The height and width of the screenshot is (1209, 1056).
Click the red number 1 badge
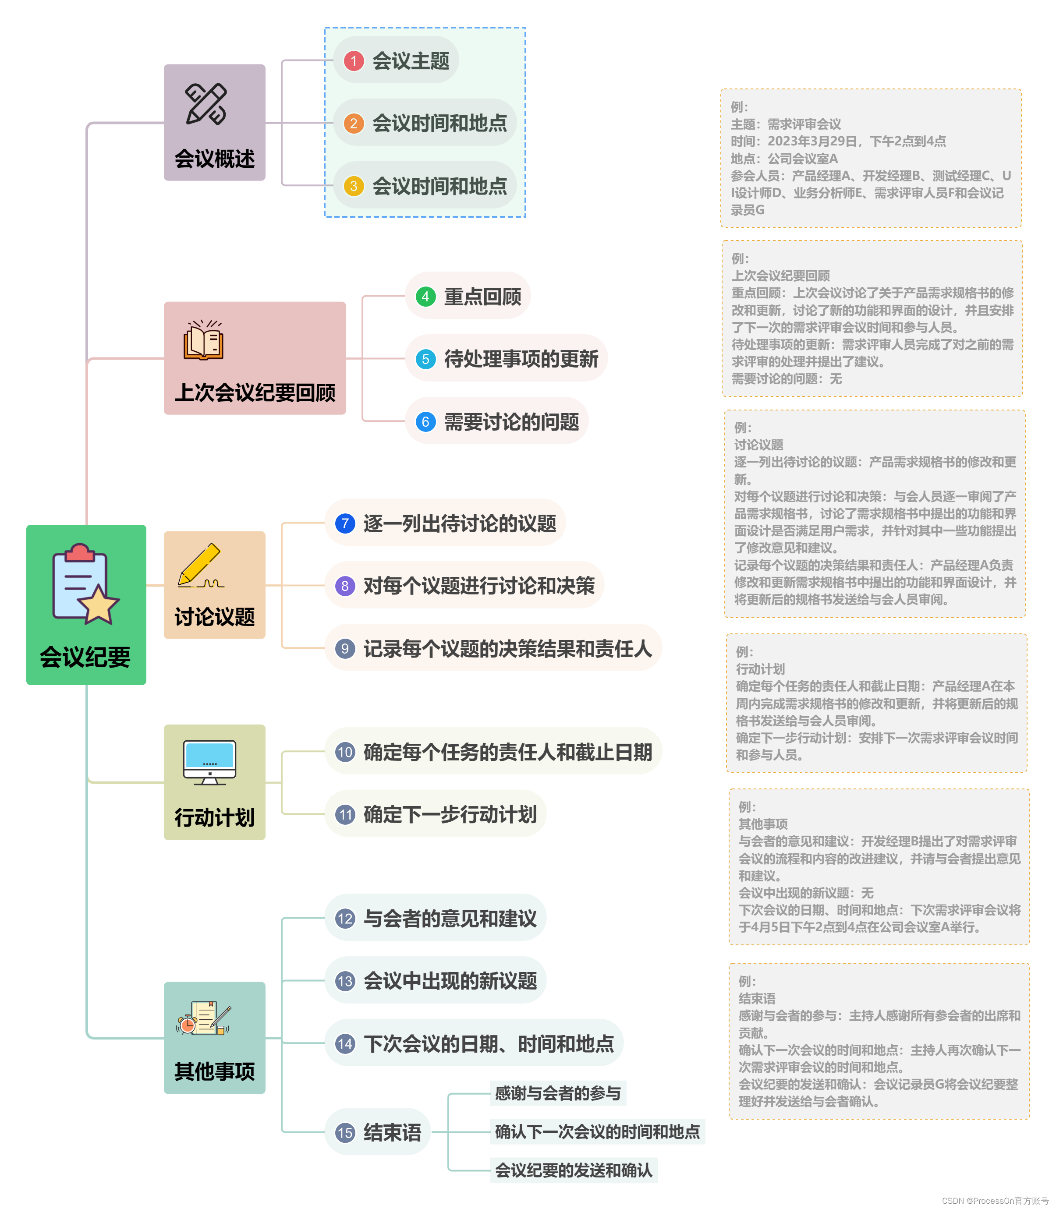(354, 61)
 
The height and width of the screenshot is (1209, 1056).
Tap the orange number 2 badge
(354, 123)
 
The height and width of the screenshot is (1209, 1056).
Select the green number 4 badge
(425, 297)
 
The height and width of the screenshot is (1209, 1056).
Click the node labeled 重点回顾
(482, 297)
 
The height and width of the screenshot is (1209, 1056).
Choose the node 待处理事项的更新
(521, 359)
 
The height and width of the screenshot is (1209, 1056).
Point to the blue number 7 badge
(345, 523)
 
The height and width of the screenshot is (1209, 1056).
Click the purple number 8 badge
(345, 586)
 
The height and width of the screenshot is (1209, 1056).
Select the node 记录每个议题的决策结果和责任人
(507, 649)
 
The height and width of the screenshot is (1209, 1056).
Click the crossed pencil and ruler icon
(206, 104)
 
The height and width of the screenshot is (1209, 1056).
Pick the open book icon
(204, 340)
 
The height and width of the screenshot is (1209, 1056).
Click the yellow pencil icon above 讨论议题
(200, 566)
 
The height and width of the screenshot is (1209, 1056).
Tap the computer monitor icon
(210, 762)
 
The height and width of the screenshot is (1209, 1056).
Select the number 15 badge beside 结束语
(345, 1132)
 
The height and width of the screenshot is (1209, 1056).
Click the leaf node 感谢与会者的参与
(557, 1093)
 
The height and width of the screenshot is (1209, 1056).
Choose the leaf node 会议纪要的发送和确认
(574, 1170)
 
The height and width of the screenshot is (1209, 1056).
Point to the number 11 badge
(345, 815)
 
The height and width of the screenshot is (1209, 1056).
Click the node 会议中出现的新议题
(450, 981)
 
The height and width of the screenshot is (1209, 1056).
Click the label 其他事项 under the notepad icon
(215, 1071)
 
